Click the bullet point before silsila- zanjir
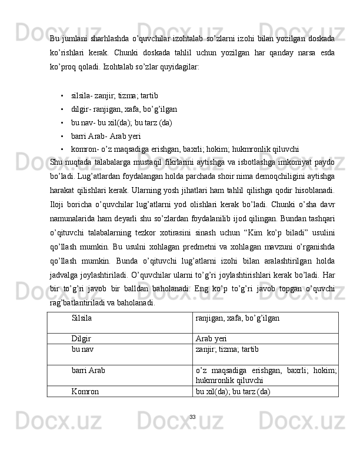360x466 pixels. click(x=62, y=95)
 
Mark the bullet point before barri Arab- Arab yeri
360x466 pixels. click(x=62, y=137)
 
